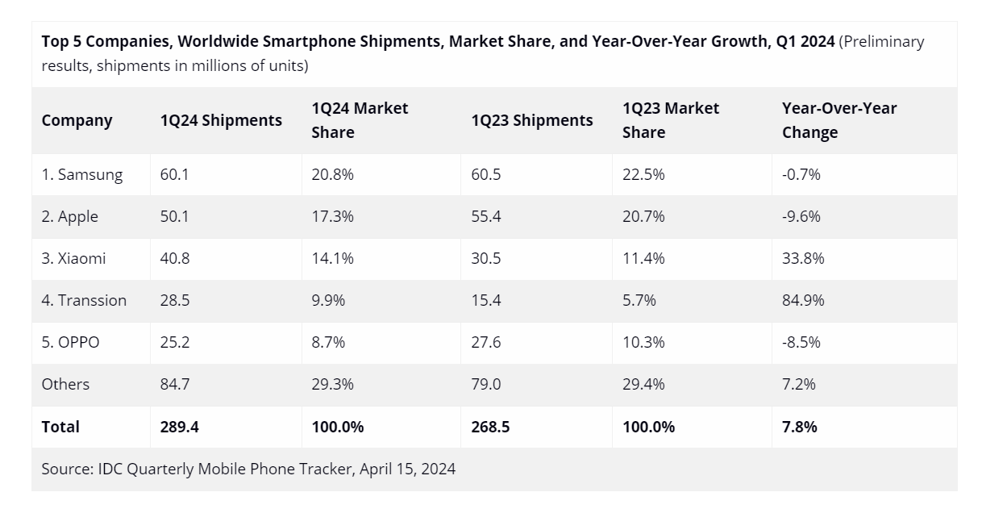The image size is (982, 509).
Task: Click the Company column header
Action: (x=77, y=120)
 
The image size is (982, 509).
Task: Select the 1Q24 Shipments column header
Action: (x=221, y=120)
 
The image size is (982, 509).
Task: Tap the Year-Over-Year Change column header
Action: (x=838, y=120)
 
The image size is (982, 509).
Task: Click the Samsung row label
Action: (x=82, y=174)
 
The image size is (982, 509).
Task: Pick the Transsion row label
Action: (x=84, y=300)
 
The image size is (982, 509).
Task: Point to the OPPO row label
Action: (x=70, y=342)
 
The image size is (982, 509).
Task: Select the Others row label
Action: (x=65, y=384)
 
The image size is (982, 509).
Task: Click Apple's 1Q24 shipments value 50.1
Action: (x=174, y=216)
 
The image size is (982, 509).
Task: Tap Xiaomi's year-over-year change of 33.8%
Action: (x=803, y=258)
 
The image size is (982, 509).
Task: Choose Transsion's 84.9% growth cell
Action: (x=803, y=300)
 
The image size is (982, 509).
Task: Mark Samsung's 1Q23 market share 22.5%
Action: (x=643, y=174)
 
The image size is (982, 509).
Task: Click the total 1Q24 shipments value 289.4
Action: (x=179, y=427)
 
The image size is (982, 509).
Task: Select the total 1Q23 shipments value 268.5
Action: (x=490, y=427)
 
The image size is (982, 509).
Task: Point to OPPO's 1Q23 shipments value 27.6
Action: (x=486, y=342)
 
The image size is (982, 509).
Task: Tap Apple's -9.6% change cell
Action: (x=801, y=216)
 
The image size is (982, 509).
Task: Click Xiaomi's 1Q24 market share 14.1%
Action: (x=332, y=258)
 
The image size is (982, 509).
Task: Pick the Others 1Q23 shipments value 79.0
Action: (x=486, y=384)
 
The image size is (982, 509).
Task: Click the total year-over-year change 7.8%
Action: (x=799, y=427)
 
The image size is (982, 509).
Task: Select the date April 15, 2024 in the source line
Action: (x=407, y=469)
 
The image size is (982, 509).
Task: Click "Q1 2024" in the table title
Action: (x=805, y=41)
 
